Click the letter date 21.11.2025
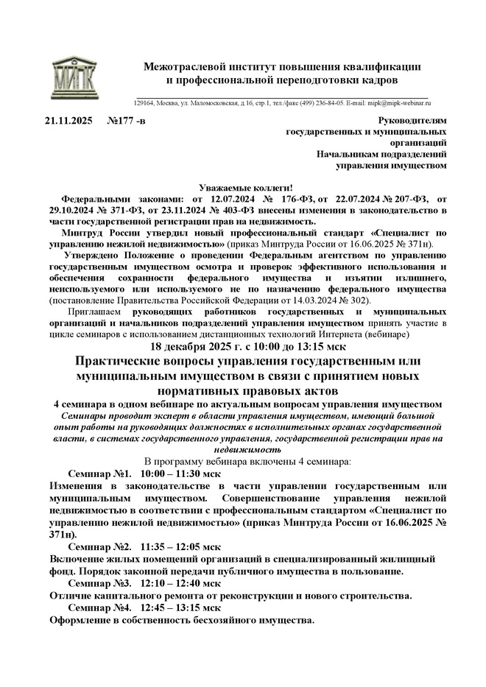point(68,120)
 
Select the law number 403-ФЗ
point(236,210)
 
